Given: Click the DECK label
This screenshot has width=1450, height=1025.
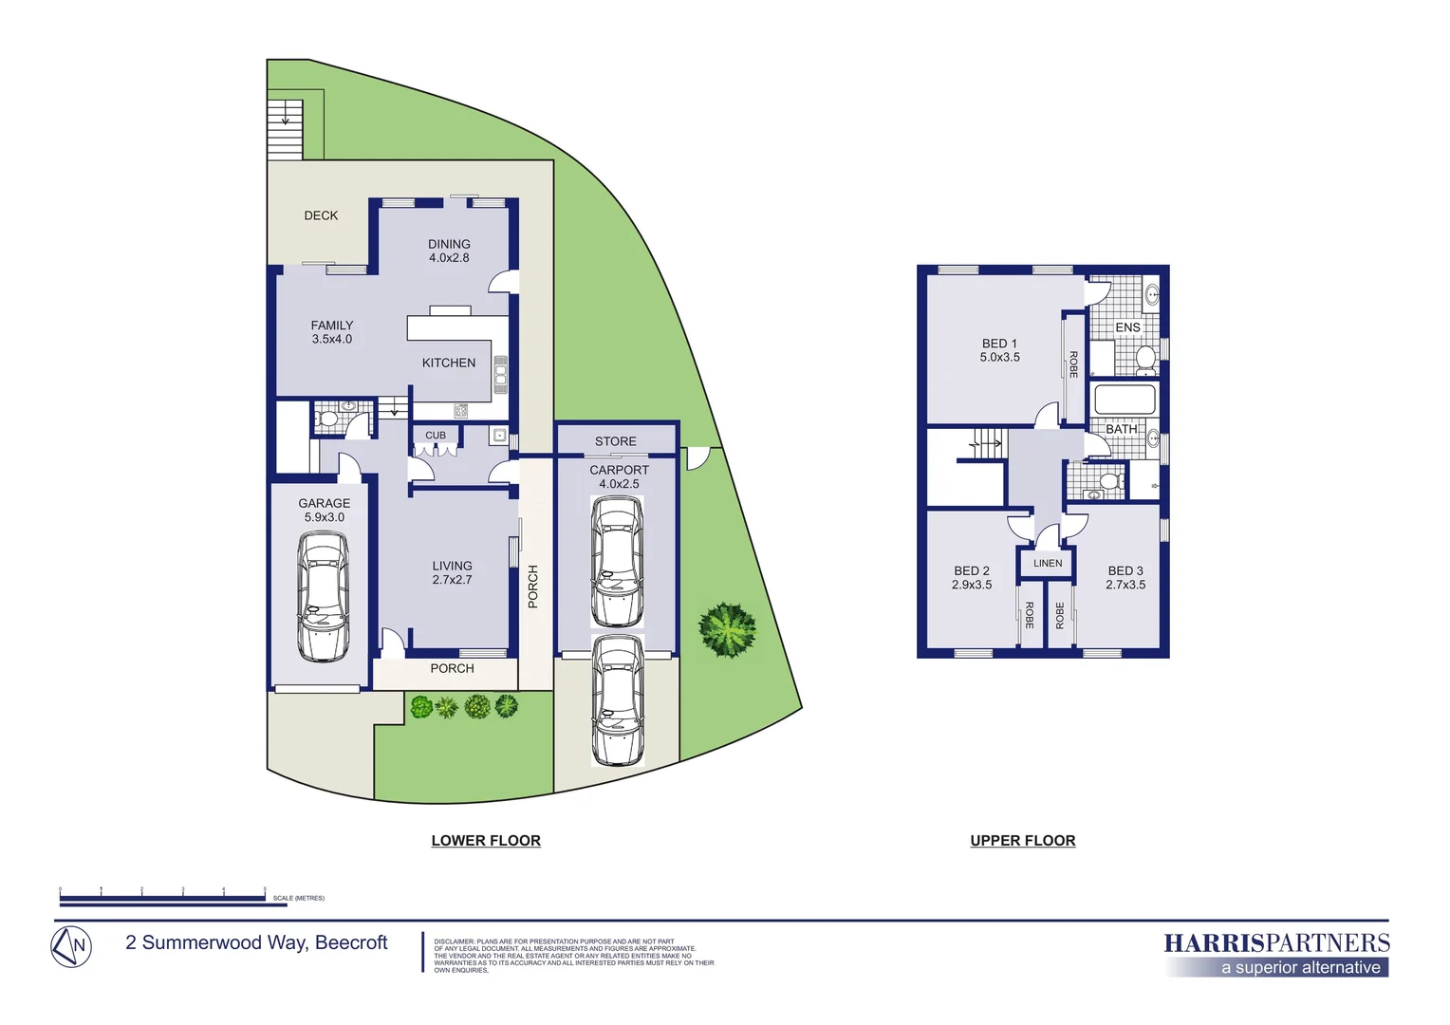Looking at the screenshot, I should pyautogui.click(x=321, y=215).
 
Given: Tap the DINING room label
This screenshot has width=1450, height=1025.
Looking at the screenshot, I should pyautogui.click(x=449, y=244).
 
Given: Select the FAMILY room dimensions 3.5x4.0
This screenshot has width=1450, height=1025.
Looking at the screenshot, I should pyautogui.click(x=331, y=339).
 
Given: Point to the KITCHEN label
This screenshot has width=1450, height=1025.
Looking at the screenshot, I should pyautogui.click(x=449, y=363).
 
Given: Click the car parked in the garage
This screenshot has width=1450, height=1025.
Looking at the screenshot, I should pyautogui.click(x=324, y=597).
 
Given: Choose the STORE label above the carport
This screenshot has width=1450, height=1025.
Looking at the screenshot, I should pyautogui.click(x=615, y=441).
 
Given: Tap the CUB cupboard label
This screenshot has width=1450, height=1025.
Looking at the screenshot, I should pyautogui.click(x=436, y=436).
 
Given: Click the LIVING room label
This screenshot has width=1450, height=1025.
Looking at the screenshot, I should pyautogui.click(x=452, y=566).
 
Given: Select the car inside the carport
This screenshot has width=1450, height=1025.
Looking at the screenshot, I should pyautogui.click(x=617, y=561).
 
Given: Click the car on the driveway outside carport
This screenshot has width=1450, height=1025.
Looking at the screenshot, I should pyautogui.click(x=617, y=700).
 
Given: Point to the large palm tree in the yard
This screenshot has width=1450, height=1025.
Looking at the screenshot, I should pyautogui.click(x=728, y=629).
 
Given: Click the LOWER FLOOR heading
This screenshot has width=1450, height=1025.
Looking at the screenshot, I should pyautogui.click(x=486, y=841).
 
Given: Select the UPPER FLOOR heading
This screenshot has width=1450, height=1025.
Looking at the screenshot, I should pyautogui.click(x=1023, y=841).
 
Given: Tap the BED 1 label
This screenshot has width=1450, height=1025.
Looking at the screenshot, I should pyautogui.click(x=999, y=344).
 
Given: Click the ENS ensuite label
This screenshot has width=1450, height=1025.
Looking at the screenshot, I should pyautogui.click(x=1127, y=327).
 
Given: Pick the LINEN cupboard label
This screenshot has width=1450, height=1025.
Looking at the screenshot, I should pyautogui.click(x=1048, y=563).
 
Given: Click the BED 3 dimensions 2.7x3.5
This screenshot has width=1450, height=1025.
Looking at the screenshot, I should pyautogui.click(x=1125, y=585).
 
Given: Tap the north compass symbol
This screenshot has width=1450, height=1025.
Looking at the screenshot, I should pyautogui.click(x=71, y=946).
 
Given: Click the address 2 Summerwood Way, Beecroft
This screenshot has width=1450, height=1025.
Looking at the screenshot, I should pyautogui.click(x=256, y=942).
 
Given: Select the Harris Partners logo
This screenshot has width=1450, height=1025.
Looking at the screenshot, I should pyautogui.click(x=1276, y=953).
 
